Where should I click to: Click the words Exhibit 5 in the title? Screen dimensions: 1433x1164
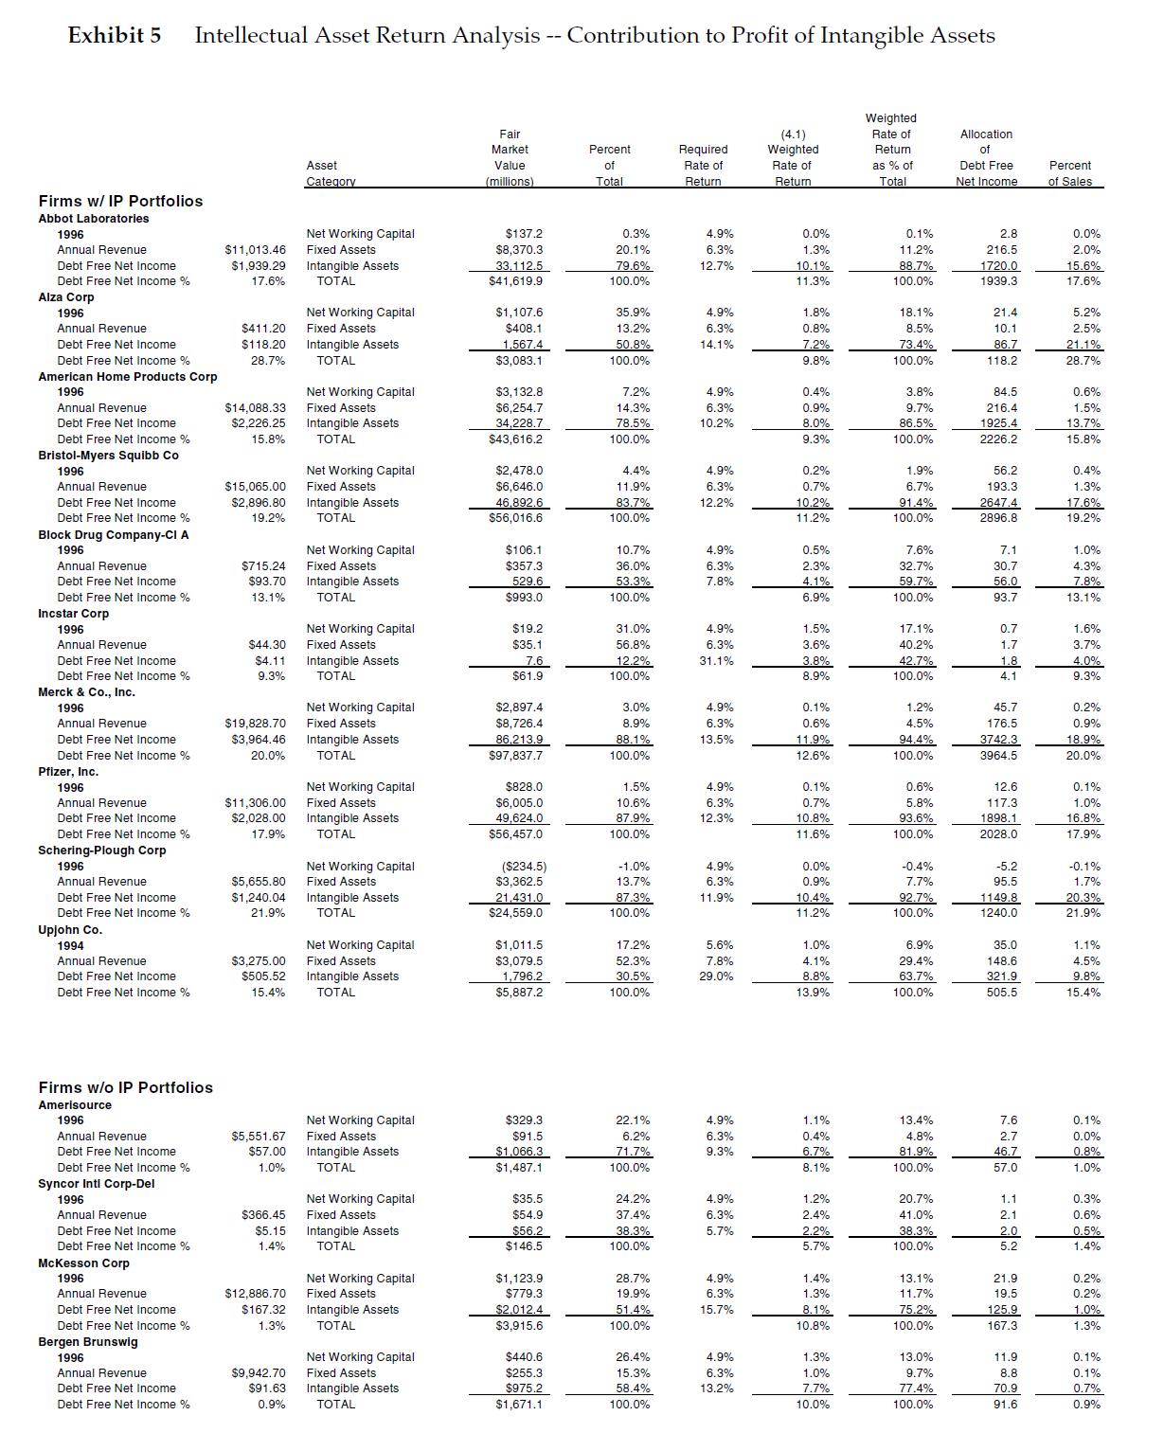[x=115, y=36]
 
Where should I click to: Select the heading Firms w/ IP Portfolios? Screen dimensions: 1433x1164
[x=120, y=201]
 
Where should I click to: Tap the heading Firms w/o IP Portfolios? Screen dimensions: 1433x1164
[x=125, y=1087]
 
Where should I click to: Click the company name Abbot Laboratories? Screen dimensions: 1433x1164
[x=93, y=218]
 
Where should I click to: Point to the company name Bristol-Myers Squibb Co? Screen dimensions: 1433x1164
[x=108, y=455]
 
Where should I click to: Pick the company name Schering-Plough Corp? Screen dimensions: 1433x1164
[x=101, y=850]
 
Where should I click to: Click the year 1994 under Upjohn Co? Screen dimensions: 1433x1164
[x=70, y=945]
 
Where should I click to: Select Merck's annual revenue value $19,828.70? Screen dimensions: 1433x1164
[x=255, y=724]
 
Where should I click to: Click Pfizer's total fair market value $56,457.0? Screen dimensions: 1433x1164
[x=515, y=834]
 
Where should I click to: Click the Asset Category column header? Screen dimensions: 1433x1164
[x=330, y=173]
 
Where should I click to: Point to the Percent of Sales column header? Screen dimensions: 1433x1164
[x=1069, y=173]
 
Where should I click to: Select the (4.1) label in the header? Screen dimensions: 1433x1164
[x=793, y=134]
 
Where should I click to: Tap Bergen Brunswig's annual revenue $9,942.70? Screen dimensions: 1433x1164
[x=258, y=1372]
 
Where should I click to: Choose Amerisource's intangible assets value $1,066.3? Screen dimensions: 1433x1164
[x=519, y=1152]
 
